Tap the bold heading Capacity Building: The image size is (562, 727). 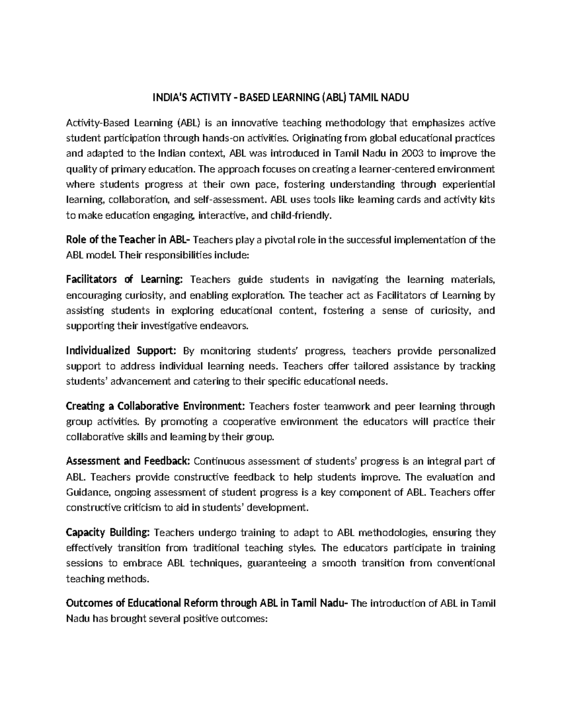click(x=108, y=532)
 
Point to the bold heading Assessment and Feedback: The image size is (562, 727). click(x=128, y=461)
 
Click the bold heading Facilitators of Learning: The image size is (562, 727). click(x=124, y=279)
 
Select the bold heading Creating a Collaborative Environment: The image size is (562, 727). click(x=155, y=406)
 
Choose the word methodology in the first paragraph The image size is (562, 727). click(x=355, y=123)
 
